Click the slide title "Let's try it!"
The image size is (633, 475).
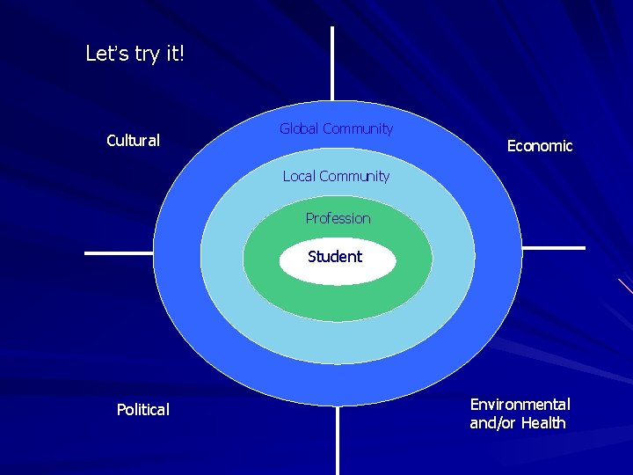click(x=135, y=54)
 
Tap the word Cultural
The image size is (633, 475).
click(x=133, y=141)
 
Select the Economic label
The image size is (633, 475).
click(x=540, y=146)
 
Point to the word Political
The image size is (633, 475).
click(x=143, y=409)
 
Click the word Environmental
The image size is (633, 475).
click(x=520, y=405)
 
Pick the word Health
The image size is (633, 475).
click(x=543, y=423)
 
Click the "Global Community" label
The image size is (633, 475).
click(x=336, y=129)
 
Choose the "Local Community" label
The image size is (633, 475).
click(x=336, y=176)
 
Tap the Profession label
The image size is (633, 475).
click(x=338, y=218)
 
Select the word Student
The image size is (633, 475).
click(x=335, y=257)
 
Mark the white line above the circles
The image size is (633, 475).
click(x=332, y=62)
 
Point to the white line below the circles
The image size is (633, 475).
click(x=338, y=440)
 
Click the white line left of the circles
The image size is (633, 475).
click(x=118, y=253)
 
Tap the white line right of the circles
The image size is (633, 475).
click(x=553, y=248)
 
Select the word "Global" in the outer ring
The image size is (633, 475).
click(x=300, y=129)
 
